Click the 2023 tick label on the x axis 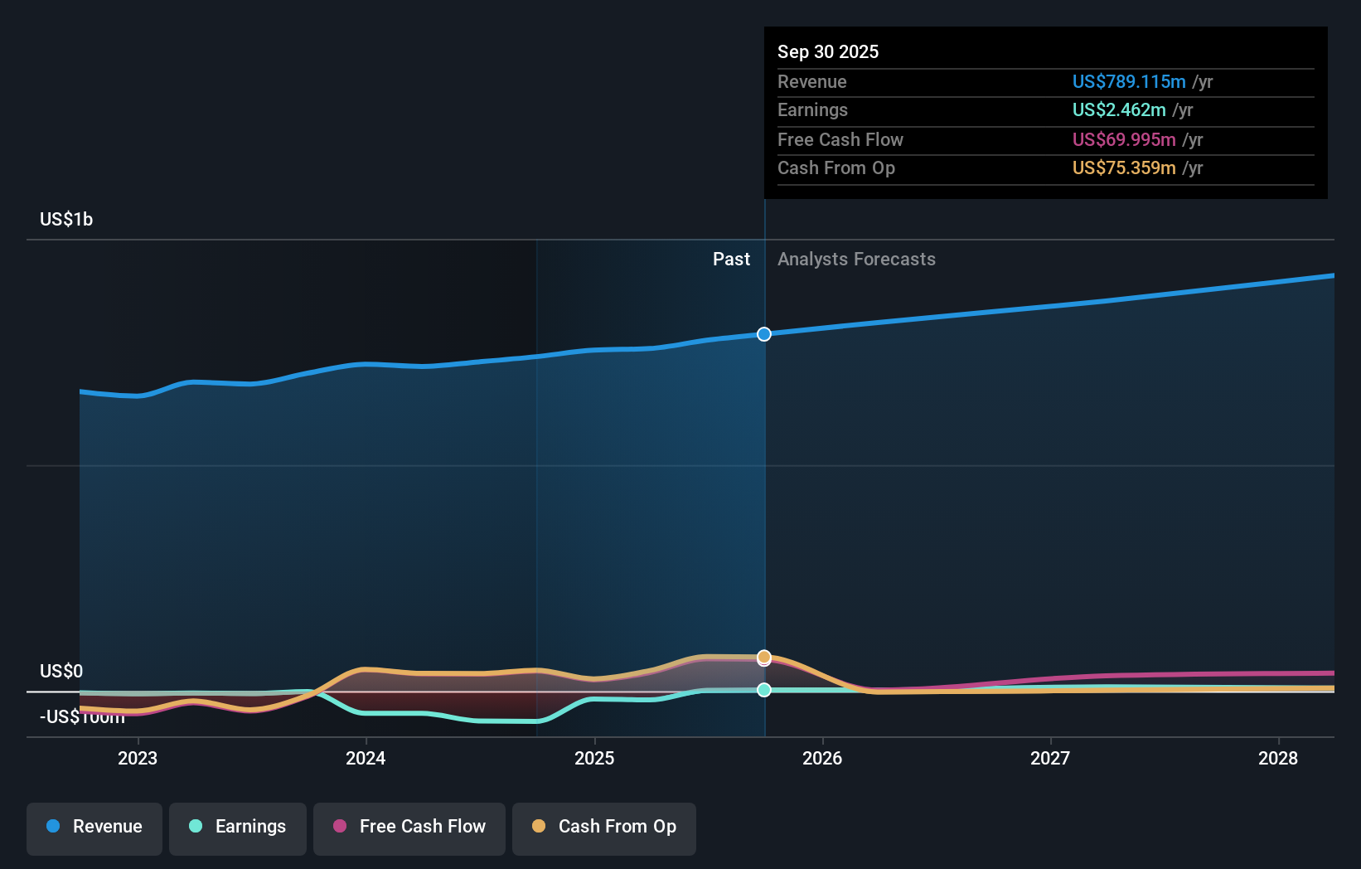click(138, 758)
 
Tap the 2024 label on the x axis click(366, 758)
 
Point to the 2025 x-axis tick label click(594, 758)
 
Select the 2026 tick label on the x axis click(822, 758)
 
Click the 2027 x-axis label click(1050, 758)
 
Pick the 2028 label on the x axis click(1278, 758)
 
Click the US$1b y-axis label click(66, 219)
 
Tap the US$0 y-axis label click(61, 671)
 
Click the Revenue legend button click(94, 827)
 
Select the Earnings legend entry click(238, 827)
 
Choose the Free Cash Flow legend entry click(409, 827)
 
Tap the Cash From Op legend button click(604, 827)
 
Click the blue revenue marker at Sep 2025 click(764, 334)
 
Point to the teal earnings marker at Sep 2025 click(764, 690)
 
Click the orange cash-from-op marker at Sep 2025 click(764, 657)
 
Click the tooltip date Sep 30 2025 click(828, 51)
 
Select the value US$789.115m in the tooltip click(1129, 81)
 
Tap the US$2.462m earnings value click(1119, 109)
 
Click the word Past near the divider click(731, 259)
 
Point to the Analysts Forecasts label click(856, 259)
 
